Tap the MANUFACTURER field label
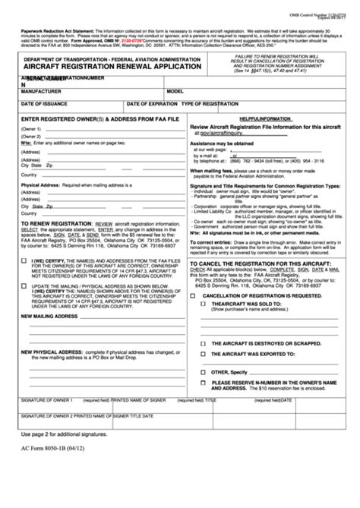click(43, 90)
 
